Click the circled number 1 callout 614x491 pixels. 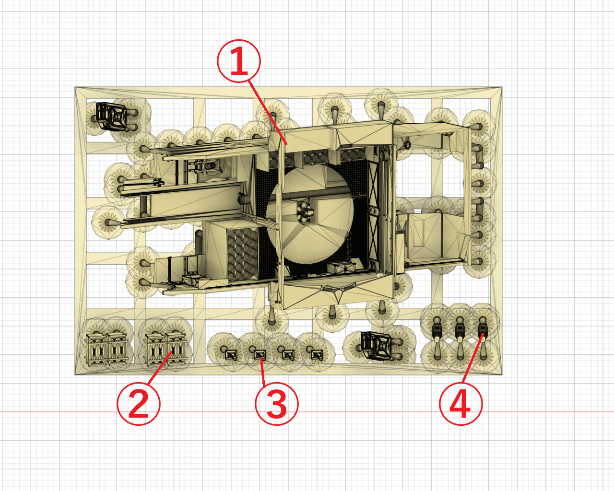(x=239, y=61)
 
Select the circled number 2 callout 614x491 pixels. (x=139, y=404)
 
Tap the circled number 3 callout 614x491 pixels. (x=276, y=404)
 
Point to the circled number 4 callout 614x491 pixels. (x=461, y=404)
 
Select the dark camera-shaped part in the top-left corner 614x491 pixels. (x=111, y=116)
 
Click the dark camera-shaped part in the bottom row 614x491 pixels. (x=376, y=346)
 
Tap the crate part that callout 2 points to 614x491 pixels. (x=177, y=349)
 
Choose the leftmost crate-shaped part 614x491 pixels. (x=96, y=350)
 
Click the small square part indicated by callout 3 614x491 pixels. (x=260, y=355)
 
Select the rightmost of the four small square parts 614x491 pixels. (x=317, y=355)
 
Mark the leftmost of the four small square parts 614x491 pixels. (x=231, y=355)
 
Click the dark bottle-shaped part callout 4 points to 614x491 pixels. (x=483, y=331)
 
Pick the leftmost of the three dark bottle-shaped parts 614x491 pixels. (x=437, y=331)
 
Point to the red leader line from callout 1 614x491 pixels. (x=268, y=113)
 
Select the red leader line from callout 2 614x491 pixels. (x=160, y=368)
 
